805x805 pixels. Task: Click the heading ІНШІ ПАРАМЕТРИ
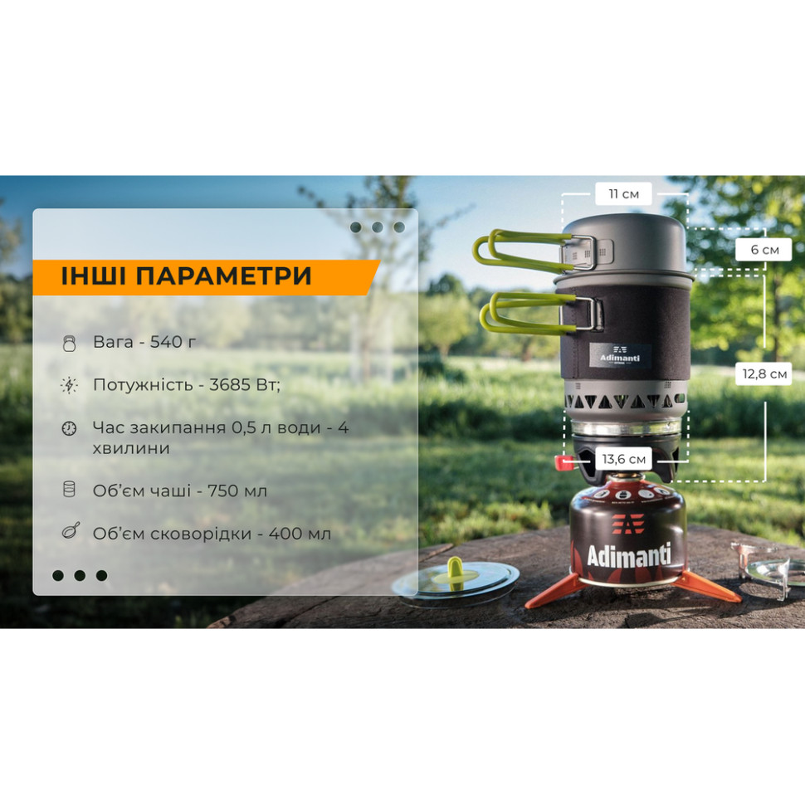187,276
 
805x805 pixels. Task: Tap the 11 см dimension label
624,194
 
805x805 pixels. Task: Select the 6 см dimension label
764,250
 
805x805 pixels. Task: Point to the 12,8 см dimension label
764,373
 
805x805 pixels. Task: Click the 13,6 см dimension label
624,459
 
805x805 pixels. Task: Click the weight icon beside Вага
70,343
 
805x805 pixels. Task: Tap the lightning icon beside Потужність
70,385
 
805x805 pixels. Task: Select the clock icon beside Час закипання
70,428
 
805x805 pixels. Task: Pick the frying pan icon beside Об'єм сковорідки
71,531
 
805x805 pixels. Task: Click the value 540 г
173,341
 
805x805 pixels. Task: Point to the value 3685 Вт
243,384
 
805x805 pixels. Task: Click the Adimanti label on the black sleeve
620,355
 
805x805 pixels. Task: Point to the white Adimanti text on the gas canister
628,555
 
